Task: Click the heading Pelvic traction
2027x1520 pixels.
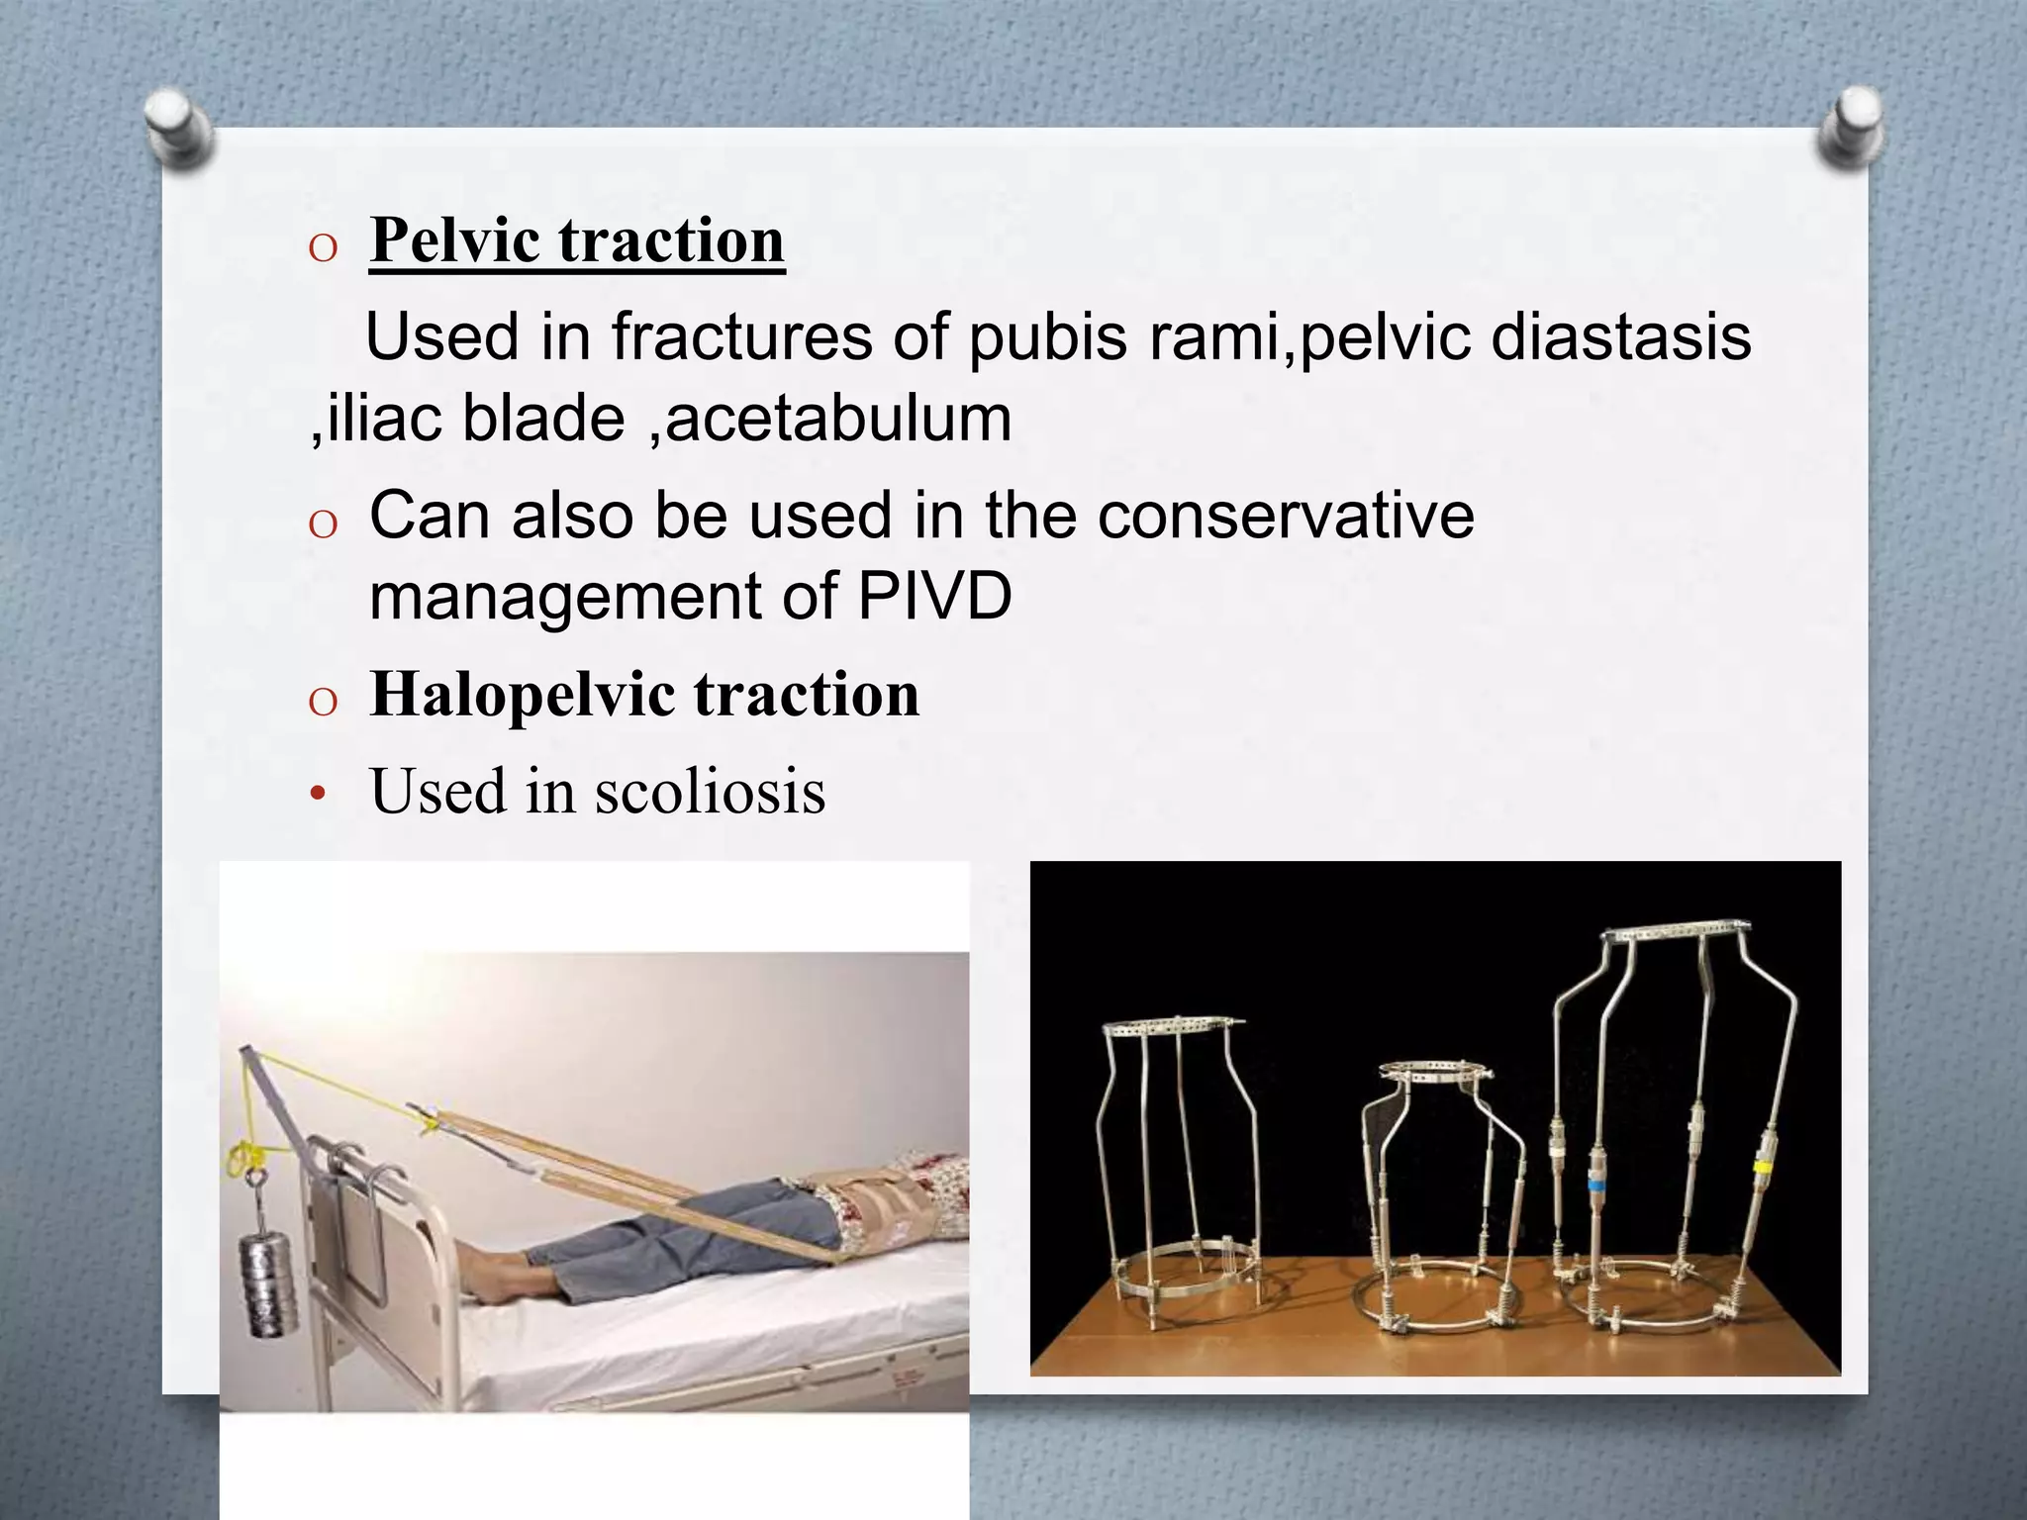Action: point(577,240)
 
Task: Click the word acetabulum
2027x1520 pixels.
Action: point(838,418)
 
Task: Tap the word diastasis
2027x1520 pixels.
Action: point(1620,336)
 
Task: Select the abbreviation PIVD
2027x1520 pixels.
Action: point(934,596)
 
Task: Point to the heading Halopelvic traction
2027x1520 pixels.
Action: point(644,694)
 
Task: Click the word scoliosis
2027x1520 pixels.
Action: point(710,792)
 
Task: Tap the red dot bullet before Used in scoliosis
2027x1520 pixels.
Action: point(317,794)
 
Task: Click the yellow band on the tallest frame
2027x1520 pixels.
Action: point(1762,1167)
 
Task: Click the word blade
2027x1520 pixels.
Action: point(543,418)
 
